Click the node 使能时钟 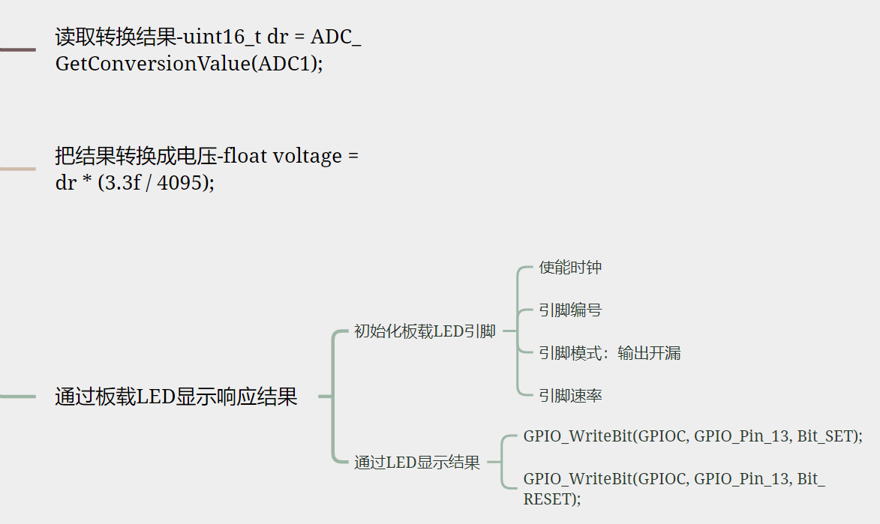[x=570, y=268]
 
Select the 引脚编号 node [x=570, y=310]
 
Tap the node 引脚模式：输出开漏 [x=609, y=353]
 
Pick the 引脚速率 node [x=570, y=396]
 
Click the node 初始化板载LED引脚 [x=425, y=331]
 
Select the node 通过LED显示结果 [x=417, y=463]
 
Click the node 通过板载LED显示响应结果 [x=176, y=397]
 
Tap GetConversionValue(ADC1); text [x=189, y=64]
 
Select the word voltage [x=308, y=157]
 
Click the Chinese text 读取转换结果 [x=115, y=37]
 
